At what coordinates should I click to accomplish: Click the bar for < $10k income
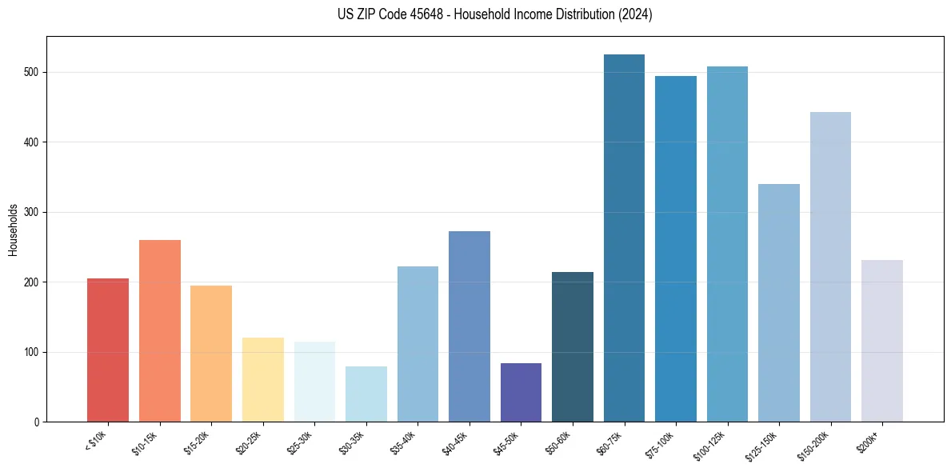(108, 350)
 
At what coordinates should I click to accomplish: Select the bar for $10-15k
(159, 331)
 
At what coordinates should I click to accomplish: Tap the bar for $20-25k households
(262, 380)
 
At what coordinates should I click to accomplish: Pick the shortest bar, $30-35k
(366, 394)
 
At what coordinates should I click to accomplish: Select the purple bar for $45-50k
(521, 393)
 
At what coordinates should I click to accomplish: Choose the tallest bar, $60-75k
(624, 238)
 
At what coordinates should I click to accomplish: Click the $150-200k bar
(830, 267)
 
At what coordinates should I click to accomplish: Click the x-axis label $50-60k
(557, 442)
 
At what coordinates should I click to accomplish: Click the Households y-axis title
(13, 230)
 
